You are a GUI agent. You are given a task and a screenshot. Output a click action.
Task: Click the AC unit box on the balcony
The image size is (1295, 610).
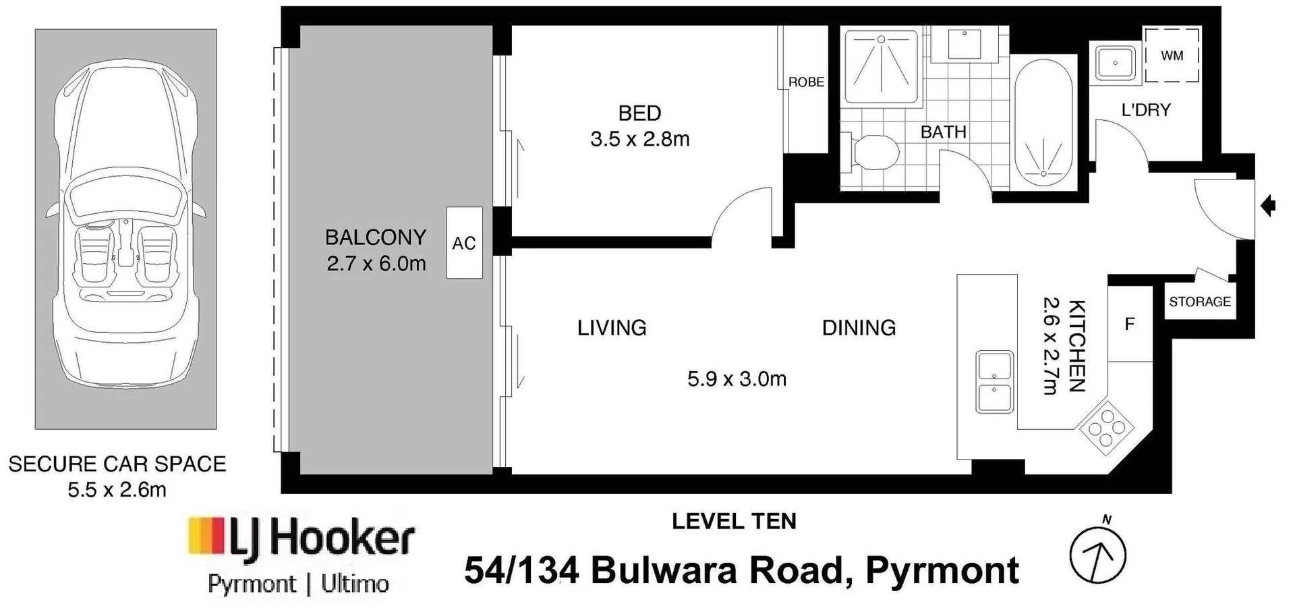464,243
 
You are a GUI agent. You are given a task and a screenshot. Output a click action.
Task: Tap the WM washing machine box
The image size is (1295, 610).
1172,55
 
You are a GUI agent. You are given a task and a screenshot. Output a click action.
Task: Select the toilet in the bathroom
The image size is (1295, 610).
870,152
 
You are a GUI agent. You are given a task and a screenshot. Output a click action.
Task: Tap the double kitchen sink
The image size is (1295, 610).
994,381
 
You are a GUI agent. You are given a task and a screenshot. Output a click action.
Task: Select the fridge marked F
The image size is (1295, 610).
1130,324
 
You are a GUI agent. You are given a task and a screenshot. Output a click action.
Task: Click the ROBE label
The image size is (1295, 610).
806,82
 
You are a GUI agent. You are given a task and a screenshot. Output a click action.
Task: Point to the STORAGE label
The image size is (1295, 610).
1200,302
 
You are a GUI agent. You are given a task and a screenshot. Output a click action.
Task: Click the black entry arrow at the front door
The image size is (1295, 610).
1268,205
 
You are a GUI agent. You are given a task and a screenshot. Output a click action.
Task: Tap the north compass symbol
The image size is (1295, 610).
1098,552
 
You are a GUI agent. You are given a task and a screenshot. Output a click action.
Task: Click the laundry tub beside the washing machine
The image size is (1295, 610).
1115,63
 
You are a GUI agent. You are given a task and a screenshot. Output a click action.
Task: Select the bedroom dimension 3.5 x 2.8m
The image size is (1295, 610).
640,139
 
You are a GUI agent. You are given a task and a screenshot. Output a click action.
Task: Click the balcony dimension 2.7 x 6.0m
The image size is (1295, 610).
376,263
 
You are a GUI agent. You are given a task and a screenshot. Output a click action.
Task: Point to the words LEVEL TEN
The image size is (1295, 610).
734,521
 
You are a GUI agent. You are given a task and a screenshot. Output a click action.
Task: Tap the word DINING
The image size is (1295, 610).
859,328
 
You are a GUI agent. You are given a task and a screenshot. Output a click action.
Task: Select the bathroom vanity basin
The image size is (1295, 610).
964,43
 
